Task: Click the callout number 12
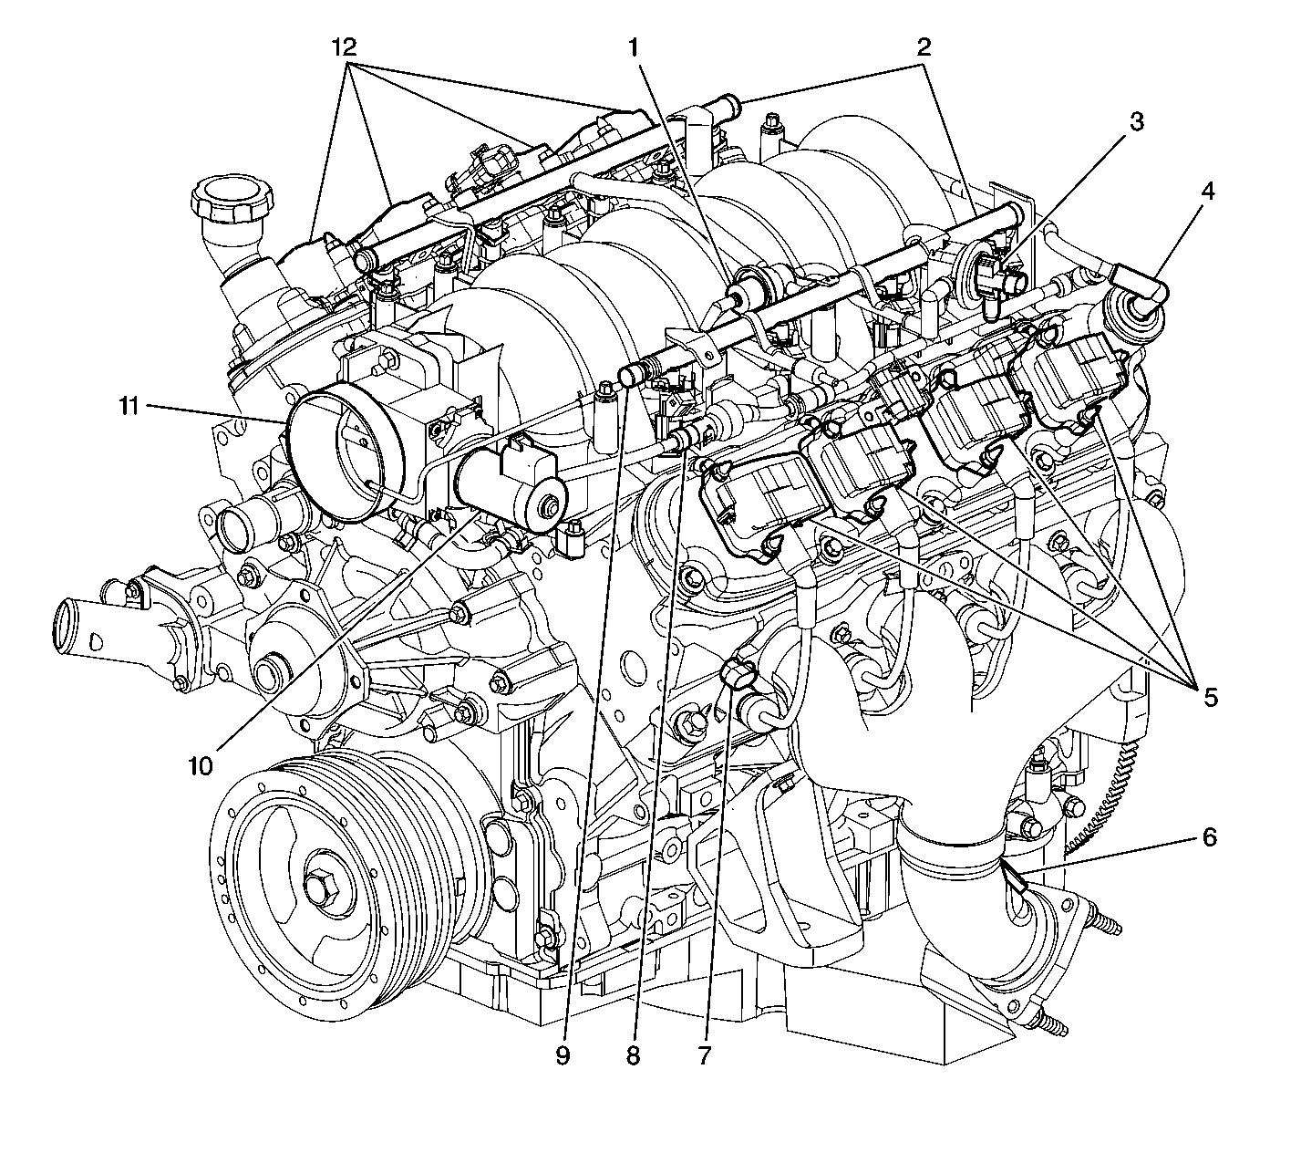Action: pyautogui.click(x=344, y=47)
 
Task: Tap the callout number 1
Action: pyautogui.click(x=634, y=47)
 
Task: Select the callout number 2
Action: pyautogui.click(x=924, y=47)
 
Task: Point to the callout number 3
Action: pyautogui.click(x=1137, y=121)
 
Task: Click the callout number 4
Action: pyautogui.click(x=1208, y=192)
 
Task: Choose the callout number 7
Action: pyautogui.click(x=705, y=1054)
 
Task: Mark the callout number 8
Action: pyautogui.click(x=633, y=1054)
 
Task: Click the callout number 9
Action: pyautogui.click(x=563, y=1054)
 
